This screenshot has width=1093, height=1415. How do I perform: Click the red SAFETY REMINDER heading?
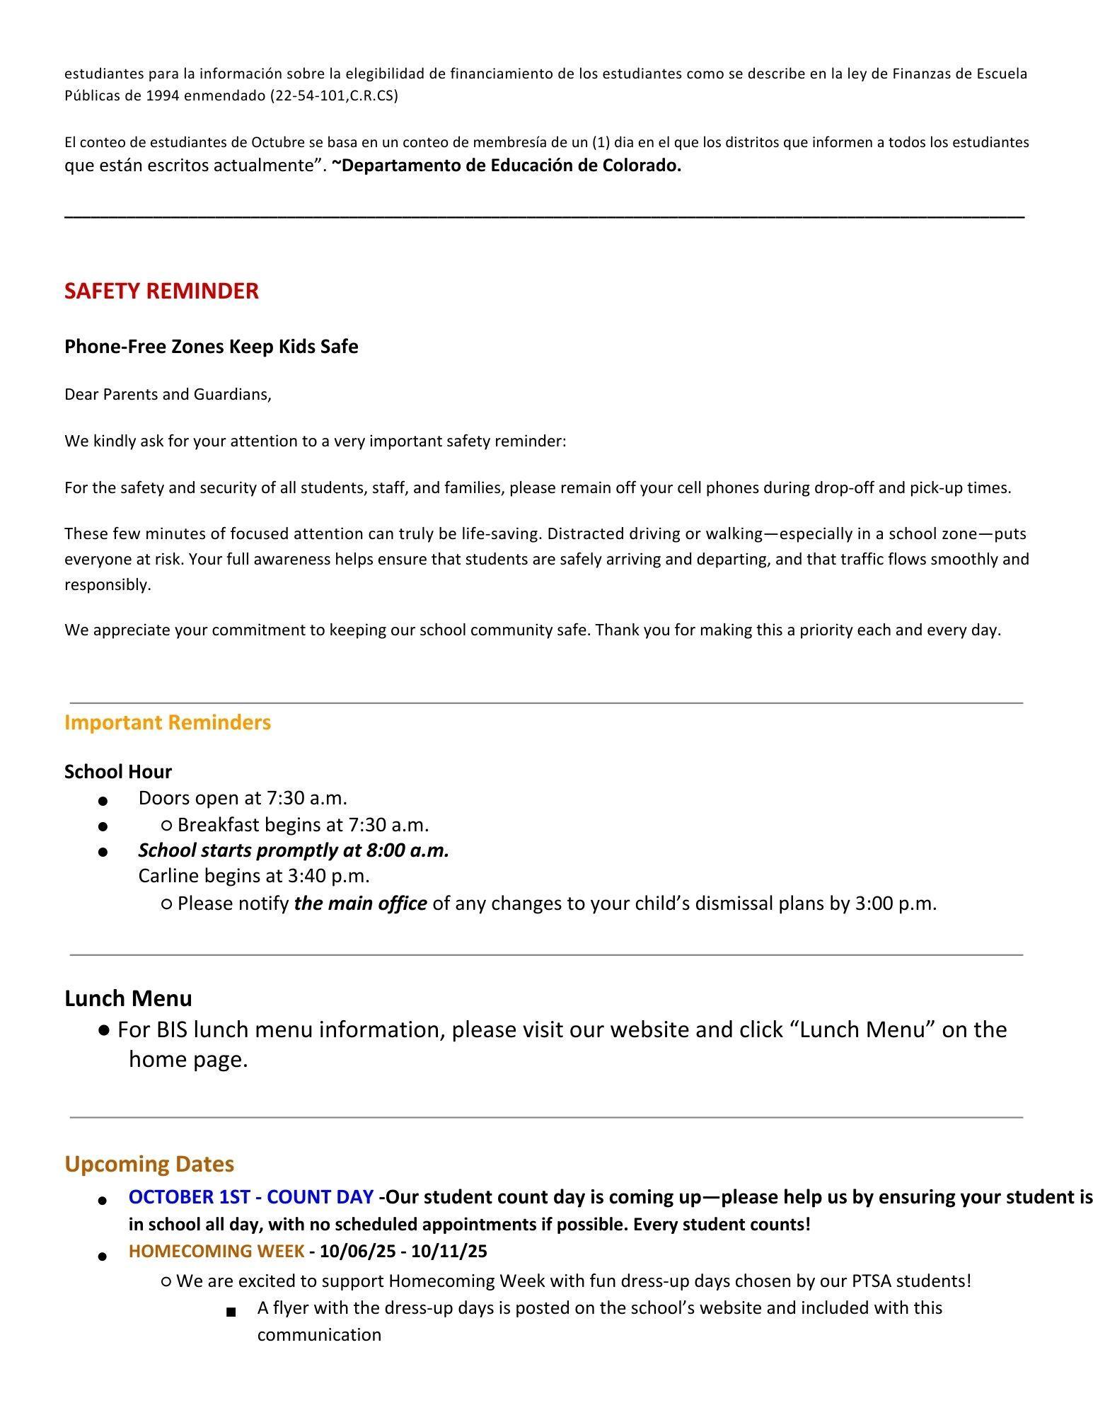pos(161,291)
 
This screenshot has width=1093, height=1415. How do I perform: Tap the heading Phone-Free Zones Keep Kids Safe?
pos(211,347)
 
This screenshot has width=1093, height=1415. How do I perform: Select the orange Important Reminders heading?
pos(168,722)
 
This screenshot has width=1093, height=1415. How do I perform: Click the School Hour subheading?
pos(118,771)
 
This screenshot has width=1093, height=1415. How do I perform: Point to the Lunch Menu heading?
pos(128,998)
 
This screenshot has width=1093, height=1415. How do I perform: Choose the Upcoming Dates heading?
pos(149,1164)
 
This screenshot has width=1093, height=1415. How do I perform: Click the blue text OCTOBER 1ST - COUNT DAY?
pos(251,1197)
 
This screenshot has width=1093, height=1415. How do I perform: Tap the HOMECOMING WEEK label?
pos(216,1251)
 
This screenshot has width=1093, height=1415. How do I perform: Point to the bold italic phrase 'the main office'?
pos(360,903)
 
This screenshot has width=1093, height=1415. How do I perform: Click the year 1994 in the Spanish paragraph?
pos(163,96)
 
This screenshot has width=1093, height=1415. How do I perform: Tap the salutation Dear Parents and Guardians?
pos(168,394)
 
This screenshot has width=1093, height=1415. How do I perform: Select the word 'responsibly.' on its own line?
pos(108,585)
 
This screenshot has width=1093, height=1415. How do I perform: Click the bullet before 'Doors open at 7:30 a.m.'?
pos(103,801)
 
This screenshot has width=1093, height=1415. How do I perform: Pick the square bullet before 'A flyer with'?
pos(231,1312)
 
